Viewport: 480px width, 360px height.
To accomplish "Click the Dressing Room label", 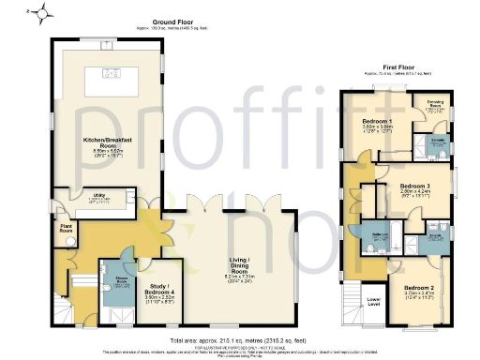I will click(x=434, y=101).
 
